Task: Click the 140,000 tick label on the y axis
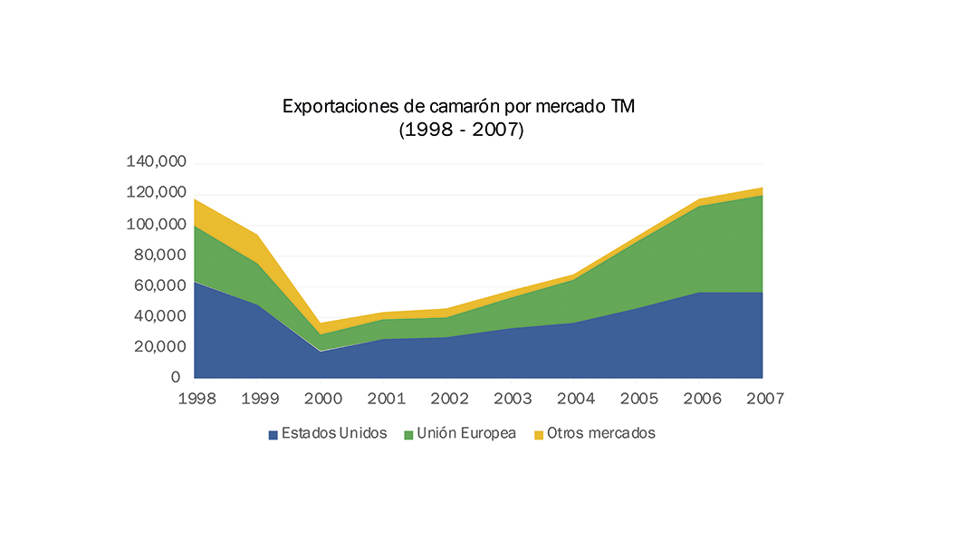[155, 162]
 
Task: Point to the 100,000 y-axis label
[155, 224]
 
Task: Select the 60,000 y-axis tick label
[158, 285]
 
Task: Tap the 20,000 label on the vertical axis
[158, 347]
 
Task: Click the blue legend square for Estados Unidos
[273, 435]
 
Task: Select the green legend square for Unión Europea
[409, 435]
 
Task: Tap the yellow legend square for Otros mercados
[539, 435]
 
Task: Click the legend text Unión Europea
[467, 433]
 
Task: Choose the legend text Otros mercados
[601, 433]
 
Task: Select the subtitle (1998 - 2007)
[461, 130]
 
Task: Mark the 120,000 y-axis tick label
[155, 193]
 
